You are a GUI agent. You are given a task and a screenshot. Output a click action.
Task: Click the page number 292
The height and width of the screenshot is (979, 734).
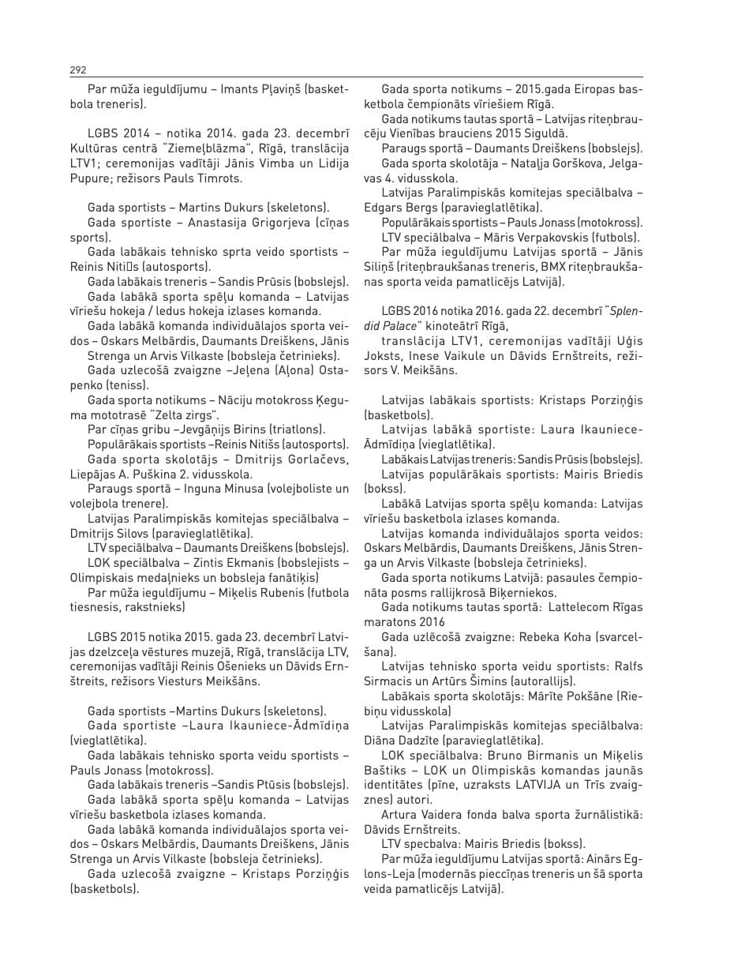click(77, 70)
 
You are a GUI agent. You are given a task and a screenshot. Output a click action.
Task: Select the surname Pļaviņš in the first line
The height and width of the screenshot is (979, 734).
click(283, 90)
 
